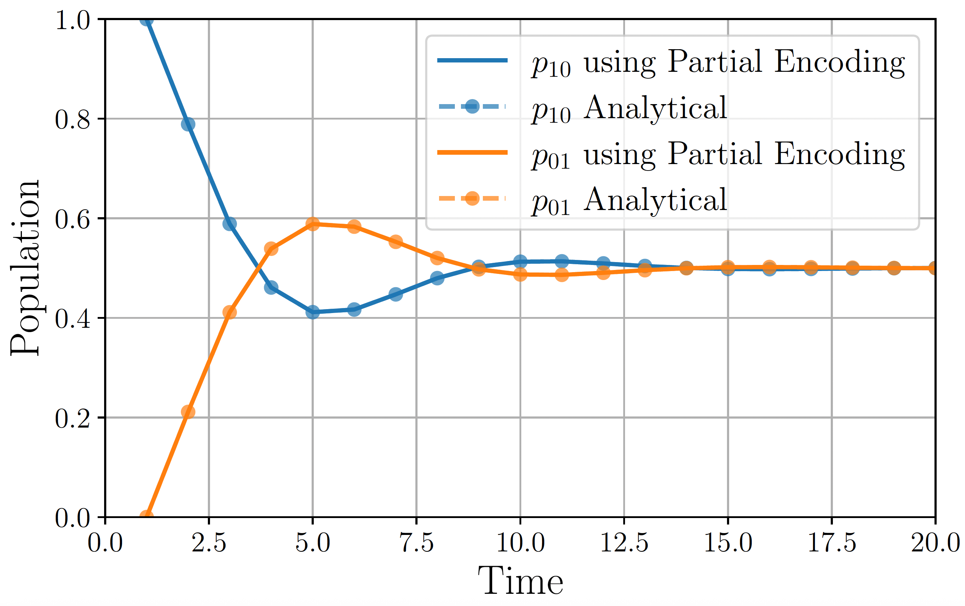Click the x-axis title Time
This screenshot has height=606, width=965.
pyautogui.click(x=520, y=581)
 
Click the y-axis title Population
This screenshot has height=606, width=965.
pyautogui.click(x=25, y=268)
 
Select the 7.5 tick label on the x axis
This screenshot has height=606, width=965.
pyautogui.click(x=417, y=543)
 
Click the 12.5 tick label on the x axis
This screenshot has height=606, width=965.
pyautogui.click(x=624, y=543)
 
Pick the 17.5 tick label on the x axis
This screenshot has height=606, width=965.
pyautogui.click(x=832, y=543)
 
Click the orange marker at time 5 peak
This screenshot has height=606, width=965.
pyautogui.click(x=313, y=224)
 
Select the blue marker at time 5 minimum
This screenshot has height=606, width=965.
pyautogui.click(x=313, y=312)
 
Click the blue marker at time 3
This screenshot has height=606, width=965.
pyautogui.click(x=229, y=224)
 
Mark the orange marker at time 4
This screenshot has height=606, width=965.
pyautogui.click(x=271, y=249)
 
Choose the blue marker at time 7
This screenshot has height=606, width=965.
pyautogui.click(x=396, y=294)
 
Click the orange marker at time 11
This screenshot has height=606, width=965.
pyautogui.click(x=562, y=275)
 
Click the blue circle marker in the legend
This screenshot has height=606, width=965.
pyautogui.click(x=472, y=107)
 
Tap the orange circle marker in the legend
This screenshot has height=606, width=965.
pyautogui.click(x=472, y=199)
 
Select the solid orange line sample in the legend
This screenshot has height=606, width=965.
pyautogui.click(x=472, y=152)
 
